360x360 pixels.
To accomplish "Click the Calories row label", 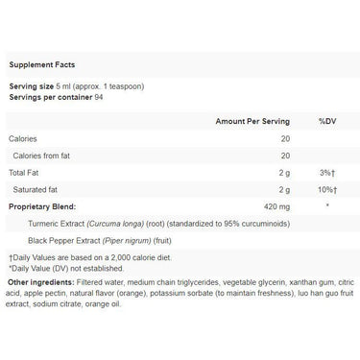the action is click(x=24, y=139).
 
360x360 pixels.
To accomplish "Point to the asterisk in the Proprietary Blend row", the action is click(x=327, y=205).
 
